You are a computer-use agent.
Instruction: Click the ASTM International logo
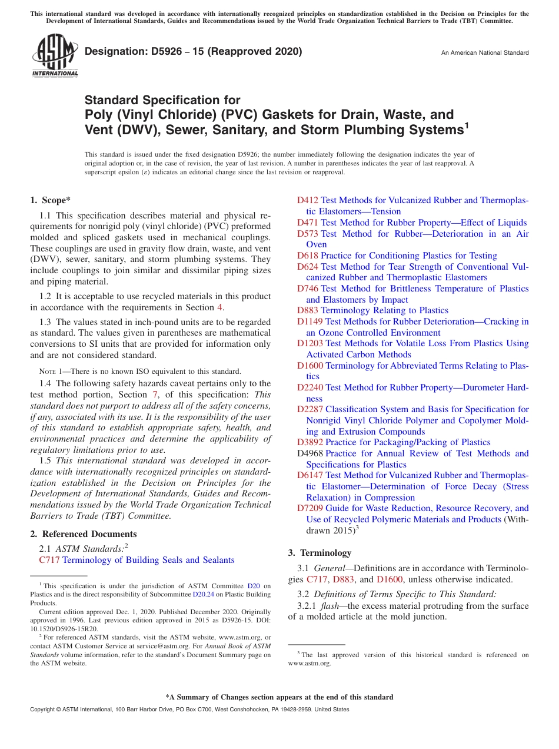tap(55, 55)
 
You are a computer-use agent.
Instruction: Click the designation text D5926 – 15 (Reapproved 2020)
tap(193, 52)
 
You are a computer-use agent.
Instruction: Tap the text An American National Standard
tap(484, 53)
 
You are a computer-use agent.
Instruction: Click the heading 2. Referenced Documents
tap(83, 534)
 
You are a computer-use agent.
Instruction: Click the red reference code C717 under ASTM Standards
tap(49, 561)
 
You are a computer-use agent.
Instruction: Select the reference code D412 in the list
tap(307, 201)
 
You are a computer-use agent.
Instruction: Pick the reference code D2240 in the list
tap(310, 387)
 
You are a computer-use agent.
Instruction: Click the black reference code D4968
tap(310, 453)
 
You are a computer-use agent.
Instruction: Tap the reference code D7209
tap(310, 508)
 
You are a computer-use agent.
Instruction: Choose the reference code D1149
tap(310, 322)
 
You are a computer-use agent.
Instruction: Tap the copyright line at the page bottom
tap(189, 710)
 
